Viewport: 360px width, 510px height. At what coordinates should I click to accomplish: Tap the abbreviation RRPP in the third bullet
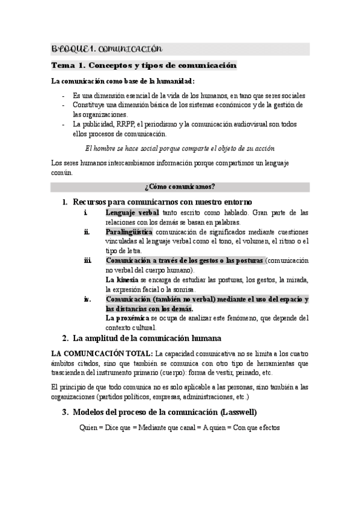click(126, 124)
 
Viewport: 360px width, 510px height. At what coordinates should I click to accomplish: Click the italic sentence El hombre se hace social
click(180, 148)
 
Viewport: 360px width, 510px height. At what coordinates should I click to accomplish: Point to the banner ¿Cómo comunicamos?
click(180, 186)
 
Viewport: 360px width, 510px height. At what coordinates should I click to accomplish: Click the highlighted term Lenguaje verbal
click(132, 213)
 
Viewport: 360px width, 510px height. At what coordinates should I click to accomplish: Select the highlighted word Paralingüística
click(129, 232)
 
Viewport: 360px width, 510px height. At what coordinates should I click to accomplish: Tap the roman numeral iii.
click(88, 260)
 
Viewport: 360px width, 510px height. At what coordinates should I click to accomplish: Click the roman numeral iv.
click(88, 299)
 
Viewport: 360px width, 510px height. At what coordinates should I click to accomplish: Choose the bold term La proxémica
click(127, 318)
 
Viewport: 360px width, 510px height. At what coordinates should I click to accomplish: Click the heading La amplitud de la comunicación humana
click(147, 338)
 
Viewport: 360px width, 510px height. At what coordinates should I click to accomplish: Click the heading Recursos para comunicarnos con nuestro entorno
click(162, 201)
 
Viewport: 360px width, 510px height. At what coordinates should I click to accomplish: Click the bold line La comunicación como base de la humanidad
click(123, 81)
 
